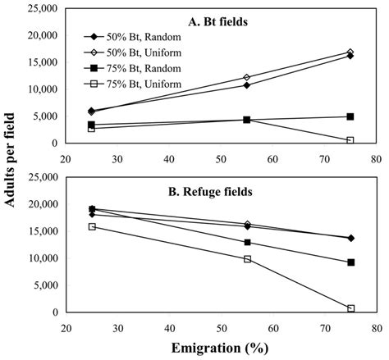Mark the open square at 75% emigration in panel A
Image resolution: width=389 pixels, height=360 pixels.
click(x=350, y=140)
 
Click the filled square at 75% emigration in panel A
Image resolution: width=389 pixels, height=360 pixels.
click(x=350, y=116)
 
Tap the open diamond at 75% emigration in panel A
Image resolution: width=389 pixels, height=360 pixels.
click(x=350, y=52)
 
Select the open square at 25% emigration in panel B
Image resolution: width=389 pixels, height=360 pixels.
click(x=92, y=226)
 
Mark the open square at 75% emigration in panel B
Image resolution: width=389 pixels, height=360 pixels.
click(x=350, y=308)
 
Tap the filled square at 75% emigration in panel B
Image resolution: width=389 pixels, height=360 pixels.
click(x=350, y=262)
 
